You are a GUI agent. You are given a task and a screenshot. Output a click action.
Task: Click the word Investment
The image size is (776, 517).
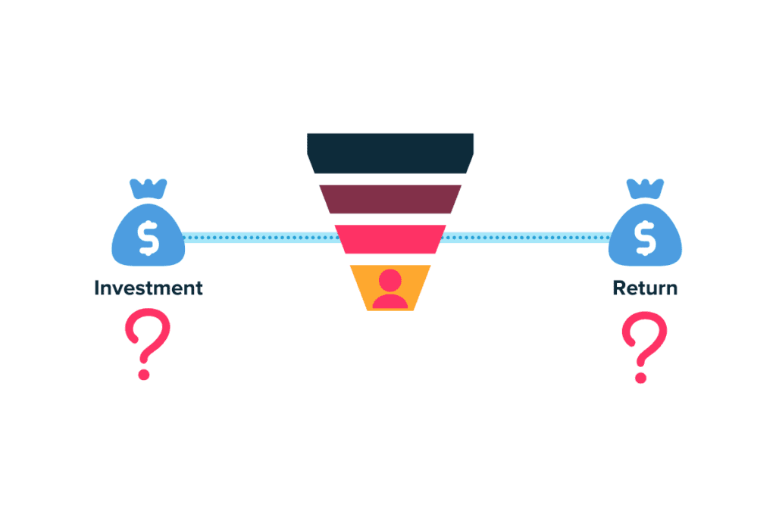point(149,288)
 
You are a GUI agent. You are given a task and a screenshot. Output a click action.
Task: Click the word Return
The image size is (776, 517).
point(645,288)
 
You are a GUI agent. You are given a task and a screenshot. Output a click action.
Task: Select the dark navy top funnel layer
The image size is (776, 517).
point(390,153)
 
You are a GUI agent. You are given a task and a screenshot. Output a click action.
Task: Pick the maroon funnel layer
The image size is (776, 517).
point(390,199)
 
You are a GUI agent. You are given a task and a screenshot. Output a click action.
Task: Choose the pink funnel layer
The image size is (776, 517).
point(390,239)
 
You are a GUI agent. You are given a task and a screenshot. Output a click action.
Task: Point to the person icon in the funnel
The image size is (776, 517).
point(390,289)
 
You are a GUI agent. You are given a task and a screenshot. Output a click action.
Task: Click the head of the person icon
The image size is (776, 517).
point(390,280)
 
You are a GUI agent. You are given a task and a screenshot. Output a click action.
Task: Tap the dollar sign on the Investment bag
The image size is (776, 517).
point(149,238)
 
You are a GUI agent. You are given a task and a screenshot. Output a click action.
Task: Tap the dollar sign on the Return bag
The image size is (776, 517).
point(646,238)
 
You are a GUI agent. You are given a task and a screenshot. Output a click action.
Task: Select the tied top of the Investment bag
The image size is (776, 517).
point(149,189)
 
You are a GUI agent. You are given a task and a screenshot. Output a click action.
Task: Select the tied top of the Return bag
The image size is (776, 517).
point(645,189)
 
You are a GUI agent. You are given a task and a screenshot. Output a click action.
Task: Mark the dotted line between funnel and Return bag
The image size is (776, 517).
point(526,238)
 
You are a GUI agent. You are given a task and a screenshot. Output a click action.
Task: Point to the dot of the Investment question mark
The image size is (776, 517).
point(144,374)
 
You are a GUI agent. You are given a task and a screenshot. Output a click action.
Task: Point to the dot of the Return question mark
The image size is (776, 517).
point(641,377)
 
